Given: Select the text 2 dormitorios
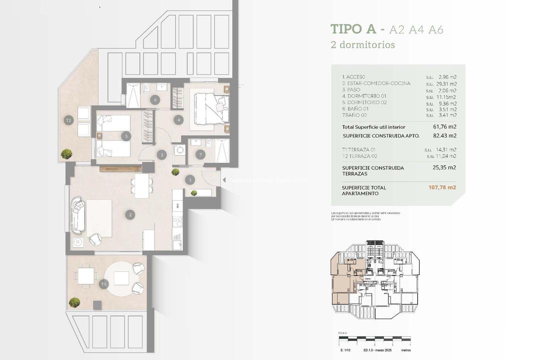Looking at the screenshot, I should [x=362, y=44].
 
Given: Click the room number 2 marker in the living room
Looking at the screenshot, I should [x=130, y=215].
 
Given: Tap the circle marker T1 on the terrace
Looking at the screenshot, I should [x=104, y=284].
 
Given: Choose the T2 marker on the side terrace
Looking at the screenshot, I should [x=68, y=120].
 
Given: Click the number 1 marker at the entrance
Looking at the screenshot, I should [x=190, y=179].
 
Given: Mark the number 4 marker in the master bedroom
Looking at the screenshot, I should [x=178, y=119].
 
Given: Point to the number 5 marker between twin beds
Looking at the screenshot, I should [x=127, y=135].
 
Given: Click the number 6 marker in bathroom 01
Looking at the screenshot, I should [x=155, y=100].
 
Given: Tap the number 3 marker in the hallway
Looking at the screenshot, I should [x=161, y=154].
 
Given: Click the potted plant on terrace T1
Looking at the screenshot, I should [x=74, y=302].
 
